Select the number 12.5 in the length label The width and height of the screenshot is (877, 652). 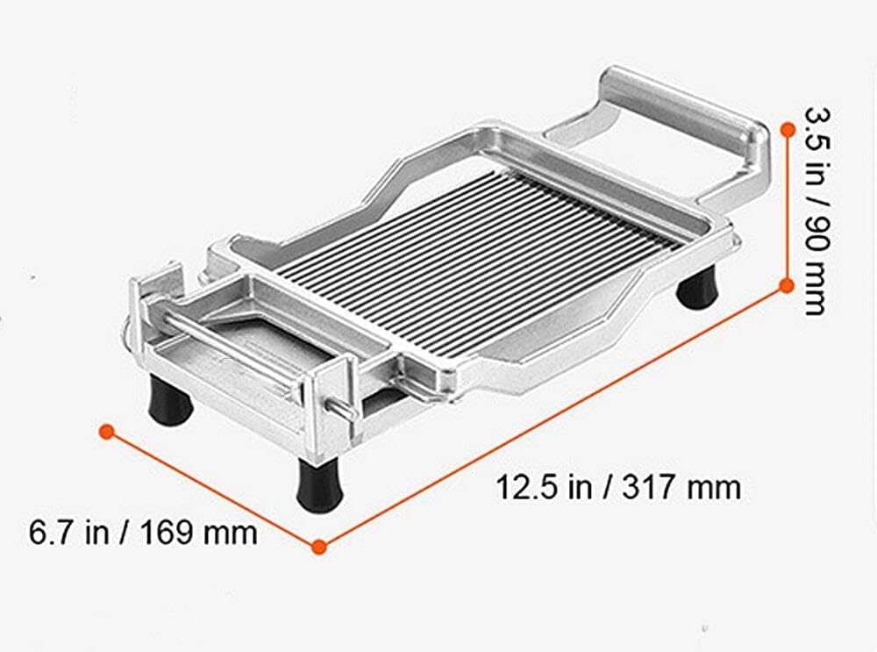point(524,487)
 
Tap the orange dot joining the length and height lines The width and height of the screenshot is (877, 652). point(787,283)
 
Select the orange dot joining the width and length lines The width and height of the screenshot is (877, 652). point(319,546)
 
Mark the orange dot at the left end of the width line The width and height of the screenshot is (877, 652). point(107,431)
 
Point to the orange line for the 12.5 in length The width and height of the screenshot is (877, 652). point(553,414)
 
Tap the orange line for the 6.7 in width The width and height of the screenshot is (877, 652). point(213,489)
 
